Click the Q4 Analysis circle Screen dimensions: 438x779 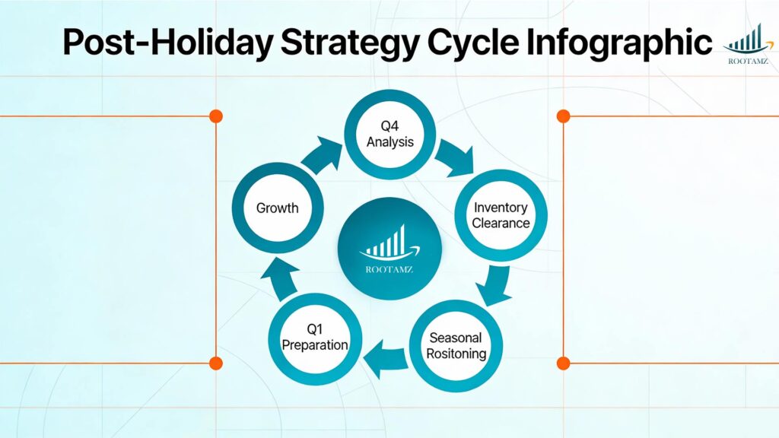tap(390, 135)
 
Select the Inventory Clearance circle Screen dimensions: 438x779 tap(501, 214)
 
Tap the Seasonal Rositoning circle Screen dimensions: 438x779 tap(456, 346)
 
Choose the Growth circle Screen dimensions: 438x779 tap(277, 208)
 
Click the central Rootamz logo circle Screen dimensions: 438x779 tap(389, 248)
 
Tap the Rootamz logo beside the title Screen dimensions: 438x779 tap(746, 42)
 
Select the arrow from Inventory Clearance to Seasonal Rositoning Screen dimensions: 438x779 tap(495, 284)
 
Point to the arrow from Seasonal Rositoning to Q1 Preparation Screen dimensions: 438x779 tap(384, 357)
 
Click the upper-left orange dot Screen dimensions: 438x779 tap(216, 116)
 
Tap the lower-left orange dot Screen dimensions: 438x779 tap(216, 363)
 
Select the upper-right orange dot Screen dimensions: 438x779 tap(563, 116)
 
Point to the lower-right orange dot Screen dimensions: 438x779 tap(563, 363)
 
